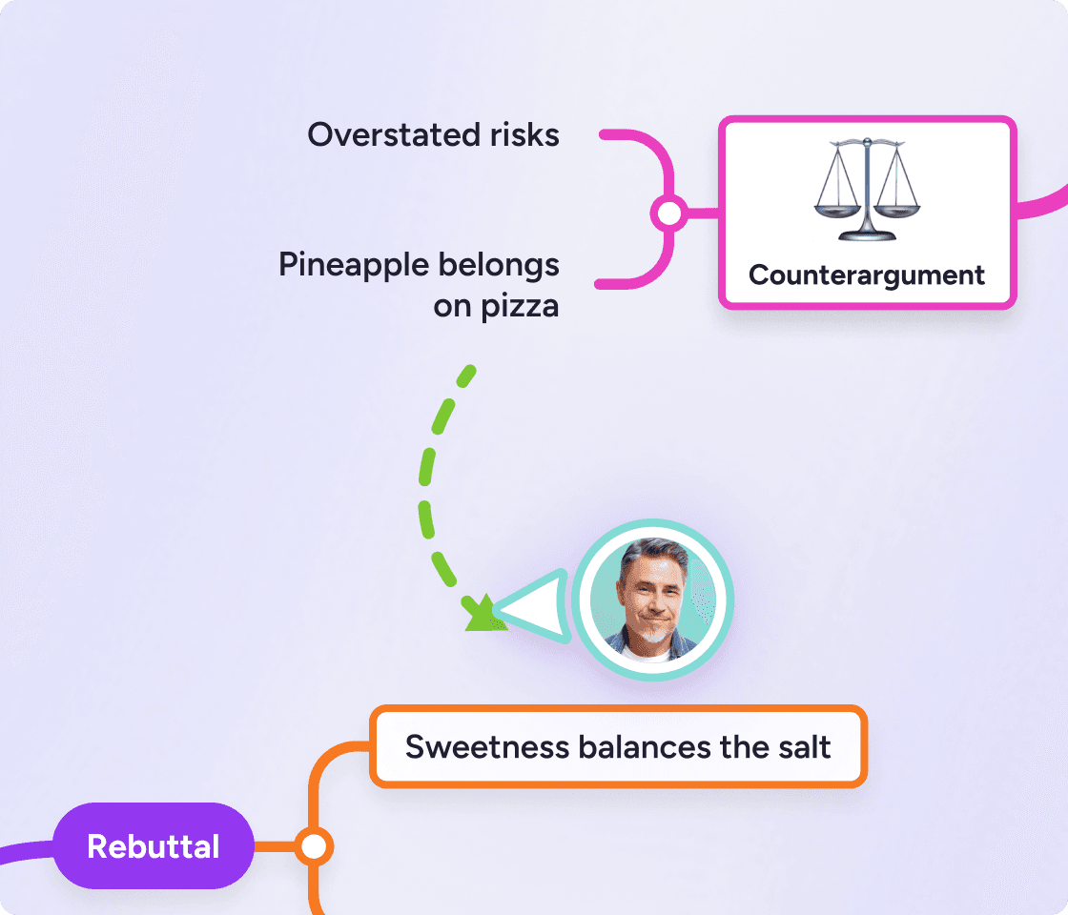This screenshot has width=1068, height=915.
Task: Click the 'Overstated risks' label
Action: tap(433, 134)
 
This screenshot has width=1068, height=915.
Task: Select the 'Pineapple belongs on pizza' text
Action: tap(419, 285)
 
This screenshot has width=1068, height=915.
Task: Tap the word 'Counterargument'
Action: tap(867, 275)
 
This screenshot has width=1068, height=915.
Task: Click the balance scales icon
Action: tap(867, 190)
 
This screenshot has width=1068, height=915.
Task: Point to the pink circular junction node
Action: tap(668, 213)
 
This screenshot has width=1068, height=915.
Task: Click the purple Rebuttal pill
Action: tap(154, 846)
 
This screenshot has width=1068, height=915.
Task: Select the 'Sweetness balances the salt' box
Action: tap(618, 747)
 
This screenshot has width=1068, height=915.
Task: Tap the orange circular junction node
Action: tap(314, 847)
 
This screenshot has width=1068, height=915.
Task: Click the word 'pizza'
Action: tap(520, 306)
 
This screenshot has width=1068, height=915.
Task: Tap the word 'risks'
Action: tap(524, 134)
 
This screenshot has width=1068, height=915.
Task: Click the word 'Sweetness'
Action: tap(487, 747)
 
